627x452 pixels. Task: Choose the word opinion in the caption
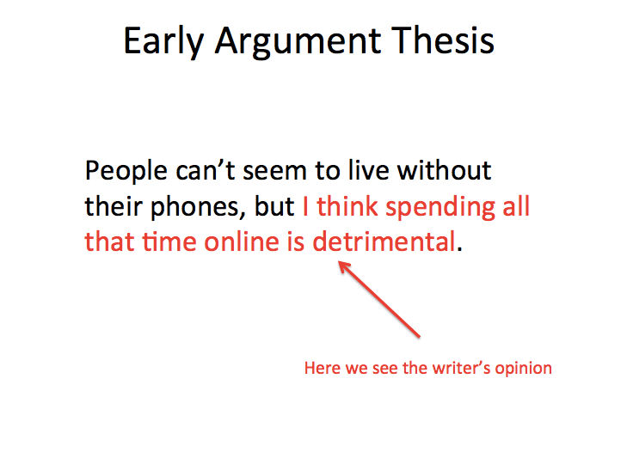tap(526, 370)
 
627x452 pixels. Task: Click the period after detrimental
tap(459, 247)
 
